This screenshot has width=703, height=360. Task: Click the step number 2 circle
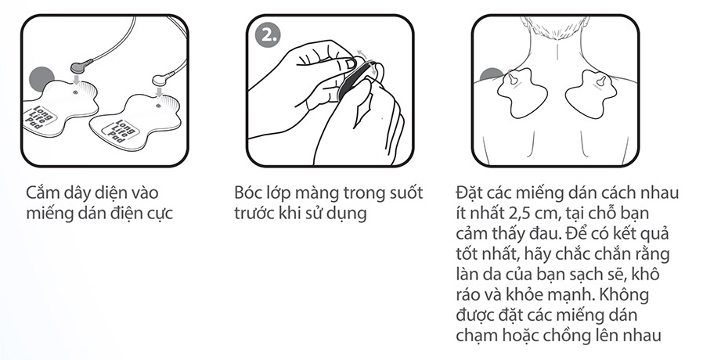point(268,34)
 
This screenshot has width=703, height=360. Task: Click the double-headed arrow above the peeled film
point(366,56)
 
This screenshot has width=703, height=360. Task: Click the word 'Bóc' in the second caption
point(248,193)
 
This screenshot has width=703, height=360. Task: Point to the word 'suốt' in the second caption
point(405,193)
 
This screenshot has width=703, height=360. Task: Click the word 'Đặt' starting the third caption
point(470,193)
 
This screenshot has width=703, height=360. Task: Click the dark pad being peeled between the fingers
point(353,80)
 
